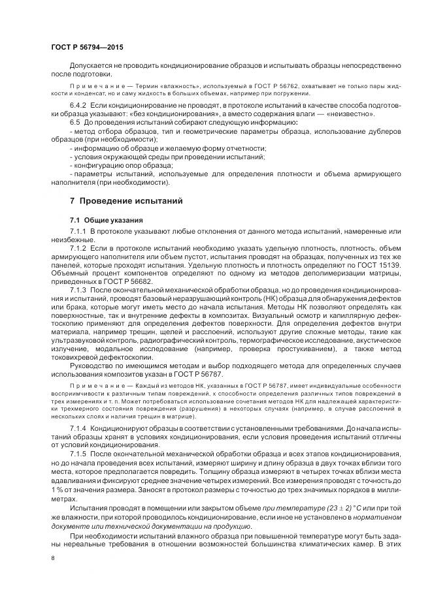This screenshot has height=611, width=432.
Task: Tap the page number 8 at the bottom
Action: pyautogui.click(x=53, y=558)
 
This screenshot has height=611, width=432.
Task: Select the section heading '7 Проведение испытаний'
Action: pyautogui.click(x=122, y=199)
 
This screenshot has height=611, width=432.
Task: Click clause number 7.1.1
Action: pyautogui.click(x=79, y=231)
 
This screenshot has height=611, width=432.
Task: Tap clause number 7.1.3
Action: pyautogui.click(x=79, y=289)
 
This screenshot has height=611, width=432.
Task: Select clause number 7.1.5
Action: pyautogui.click(x=79, y=453)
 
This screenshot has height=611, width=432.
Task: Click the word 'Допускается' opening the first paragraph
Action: pyautogui.click(x=91, y=65)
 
